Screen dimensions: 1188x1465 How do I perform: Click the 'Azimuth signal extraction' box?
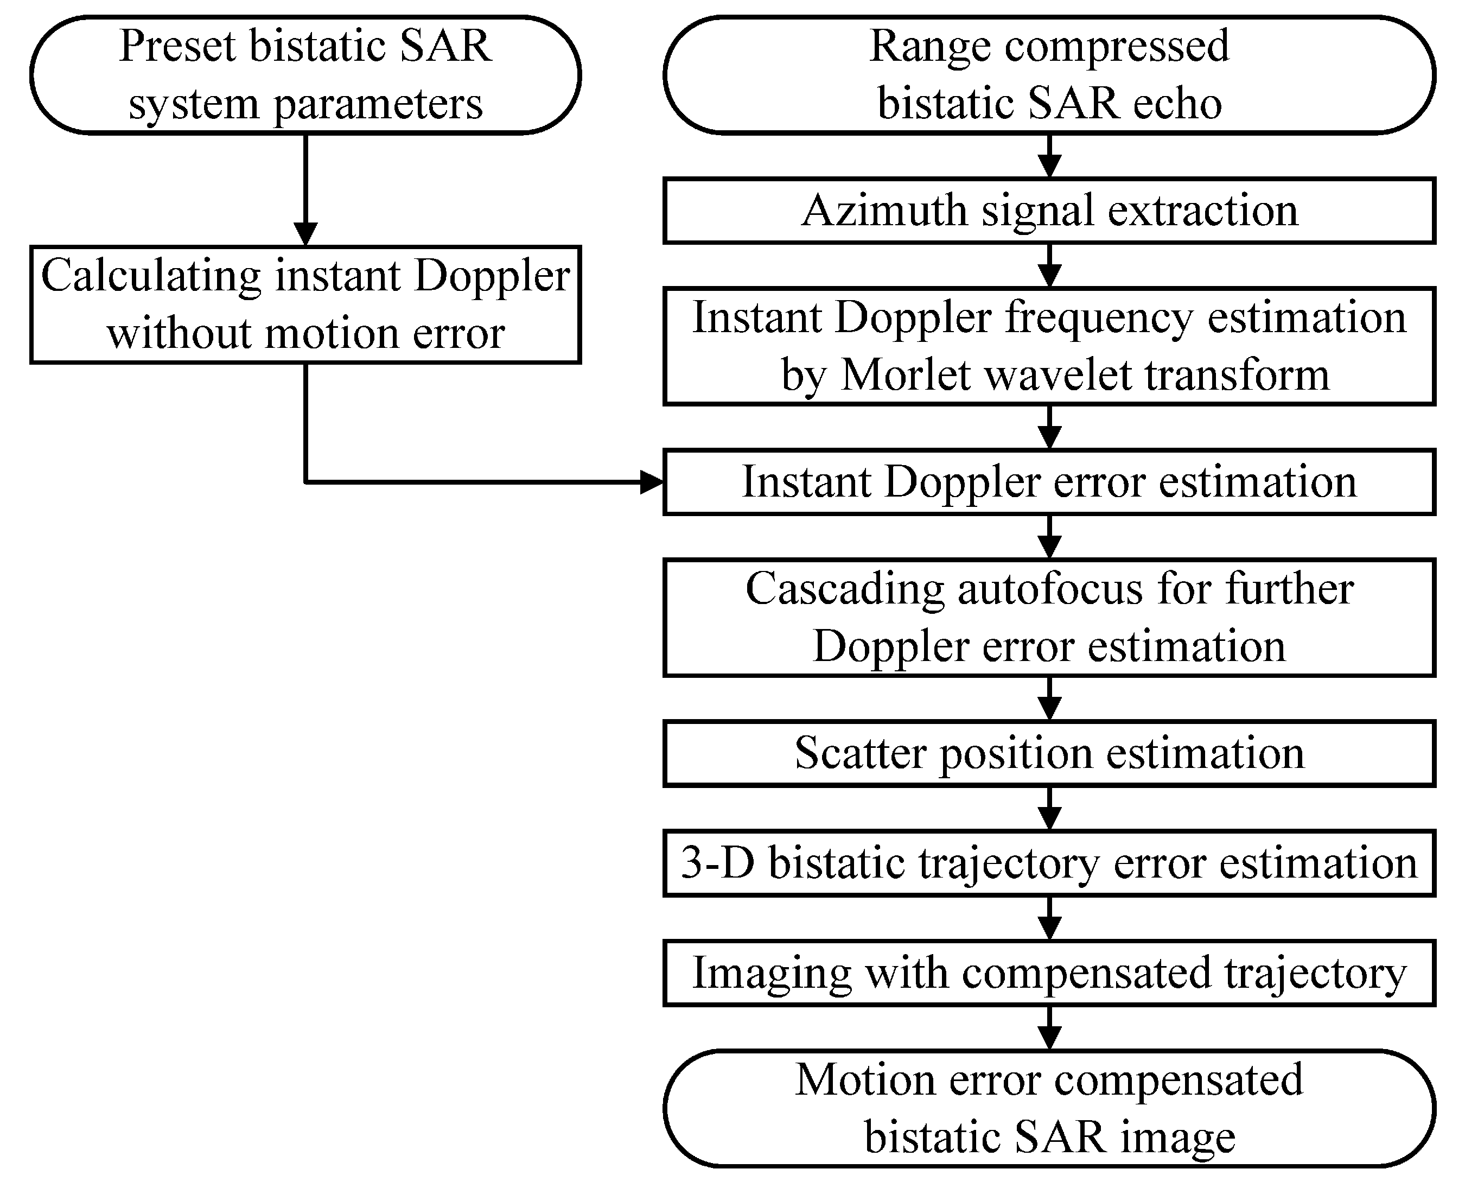pos(1048,210)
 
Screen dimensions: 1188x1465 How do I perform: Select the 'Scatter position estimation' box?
pos(1048,753)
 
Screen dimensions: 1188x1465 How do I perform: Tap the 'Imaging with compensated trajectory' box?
pos(1048,973)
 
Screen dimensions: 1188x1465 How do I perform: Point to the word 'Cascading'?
pos(845,590)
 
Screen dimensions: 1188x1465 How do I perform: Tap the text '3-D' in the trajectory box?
pos(717,863)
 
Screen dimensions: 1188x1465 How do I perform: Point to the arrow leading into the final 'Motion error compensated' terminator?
pos(1049,1028)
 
